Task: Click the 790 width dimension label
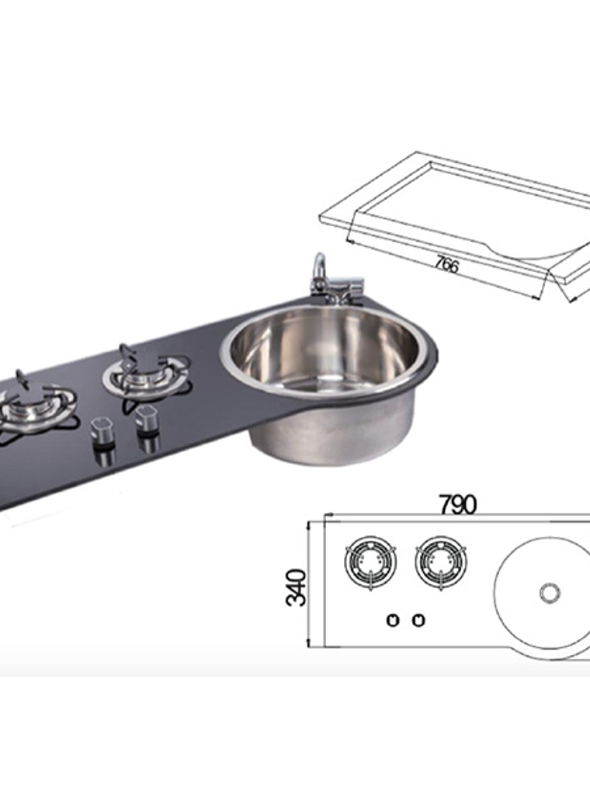coord(458,505)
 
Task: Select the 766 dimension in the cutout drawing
coord(446,264)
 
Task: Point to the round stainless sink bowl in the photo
coord(326,350)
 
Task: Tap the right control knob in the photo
coord(145,423)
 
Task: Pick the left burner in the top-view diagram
coord(370,561)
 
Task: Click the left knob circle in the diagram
coord(393,620)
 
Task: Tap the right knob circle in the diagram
coord(418,620)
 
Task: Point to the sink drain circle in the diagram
coord(550,593)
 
